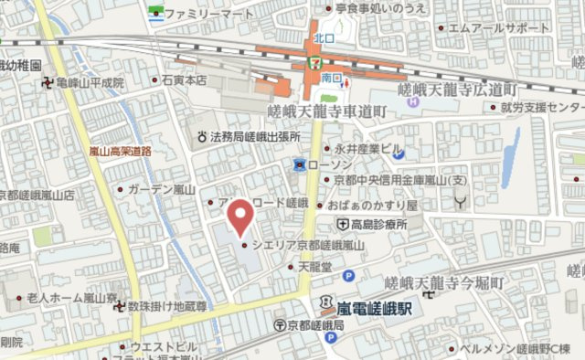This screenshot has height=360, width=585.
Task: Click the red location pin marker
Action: (239, 217)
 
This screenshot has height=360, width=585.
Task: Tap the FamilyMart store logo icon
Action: (155, 14)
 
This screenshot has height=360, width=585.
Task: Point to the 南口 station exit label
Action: (330, 79)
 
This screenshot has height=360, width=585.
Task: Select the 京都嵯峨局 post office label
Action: (315, 325)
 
